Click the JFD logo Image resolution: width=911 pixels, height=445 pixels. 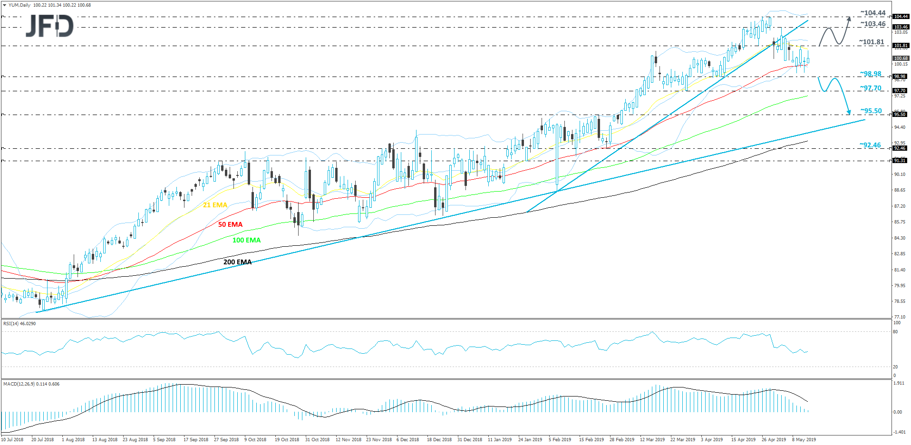tap(49, 26)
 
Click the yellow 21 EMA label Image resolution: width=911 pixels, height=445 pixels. tap(215, 205)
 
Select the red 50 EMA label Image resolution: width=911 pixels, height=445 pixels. tap(230, 224)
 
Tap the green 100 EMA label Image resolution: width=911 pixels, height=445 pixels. tap(246, 240)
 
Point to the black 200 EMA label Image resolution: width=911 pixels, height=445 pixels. tap(237, 262)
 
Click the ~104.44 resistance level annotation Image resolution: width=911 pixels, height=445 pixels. tap(872, 13)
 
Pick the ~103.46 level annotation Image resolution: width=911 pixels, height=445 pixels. tap(872, 24)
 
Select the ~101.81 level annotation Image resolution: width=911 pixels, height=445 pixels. tap(871, 42)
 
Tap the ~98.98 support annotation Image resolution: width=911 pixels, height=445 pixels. tap(871, 74)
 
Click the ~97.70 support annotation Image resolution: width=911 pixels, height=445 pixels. tap(871, 88)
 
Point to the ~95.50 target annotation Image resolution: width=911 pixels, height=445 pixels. tap(871, 111)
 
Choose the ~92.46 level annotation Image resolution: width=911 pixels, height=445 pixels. tap(870, 145)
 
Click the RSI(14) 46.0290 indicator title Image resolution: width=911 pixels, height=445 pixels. tap(19, 324)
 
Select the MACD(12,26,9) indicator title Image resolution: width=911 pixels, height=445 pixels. tap(31, 384)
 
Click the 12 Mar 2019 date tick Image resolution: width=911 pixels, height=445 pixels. tap(652, 440)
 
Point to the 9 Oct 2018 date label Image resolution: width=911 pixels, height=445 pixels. tap(255, 440)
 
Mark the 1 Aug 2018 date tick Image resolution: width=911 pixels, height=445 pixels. tap(73, 440)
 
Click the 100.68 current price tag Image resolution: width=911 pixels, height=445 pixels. tap(901, 58)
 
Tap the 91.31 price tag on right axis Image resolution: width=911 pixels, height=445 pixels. tap(900, 161)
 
